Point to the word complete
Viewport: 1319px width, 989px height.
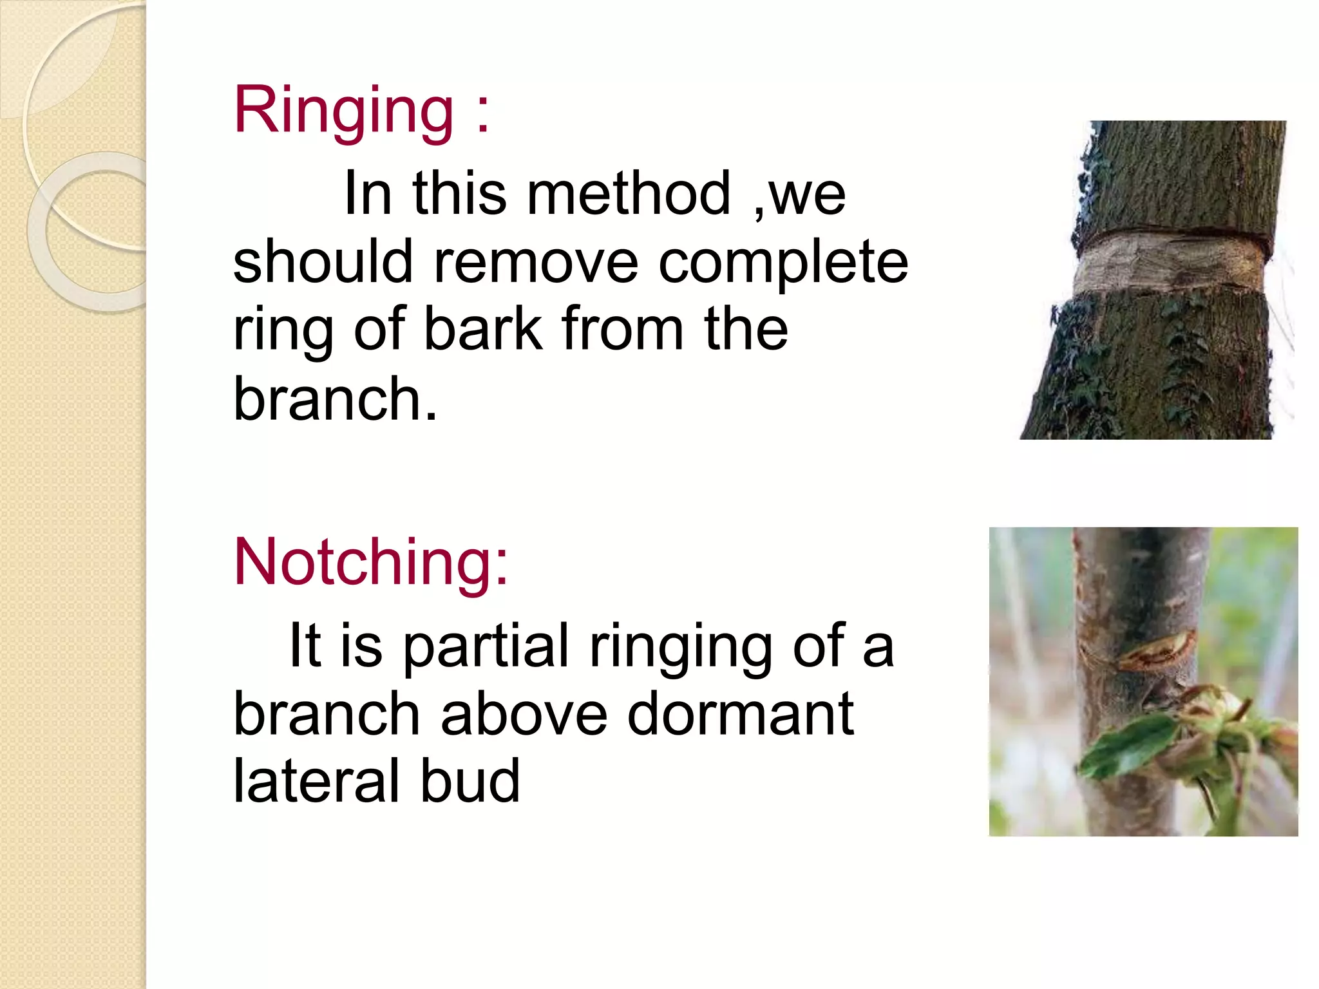783,263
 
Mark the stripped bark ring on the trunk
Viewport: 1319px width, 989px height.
1169,264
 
